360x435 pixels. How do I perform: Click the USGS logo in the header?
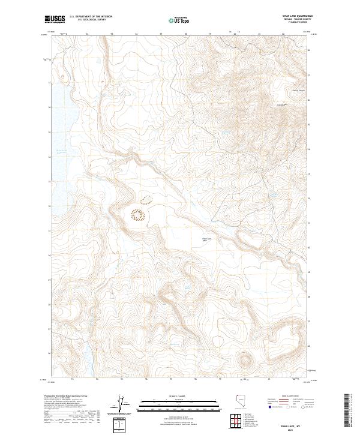click(55, 20)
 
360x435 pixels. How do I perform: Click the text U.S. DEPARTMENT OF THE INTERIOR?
click(90, 17)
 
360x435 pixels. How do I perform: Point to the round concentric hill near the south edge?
click(245, 360)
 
